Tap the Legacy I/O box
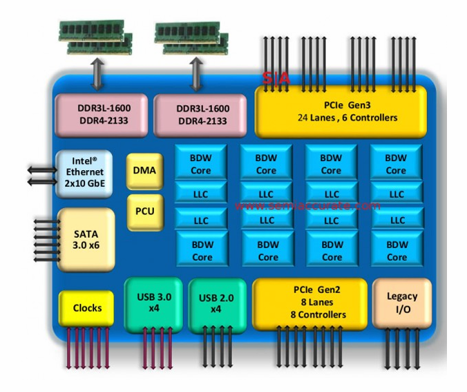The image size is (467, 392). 401,303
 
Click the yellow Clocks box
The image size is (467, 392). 86,308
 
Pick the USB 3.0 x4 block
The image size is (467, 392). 153,304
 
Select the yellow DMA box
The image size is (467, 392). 144,171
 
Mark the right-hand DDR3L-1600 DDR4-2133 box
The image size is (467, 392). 202,115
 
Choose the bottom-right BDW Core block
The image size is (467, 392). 397,250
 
